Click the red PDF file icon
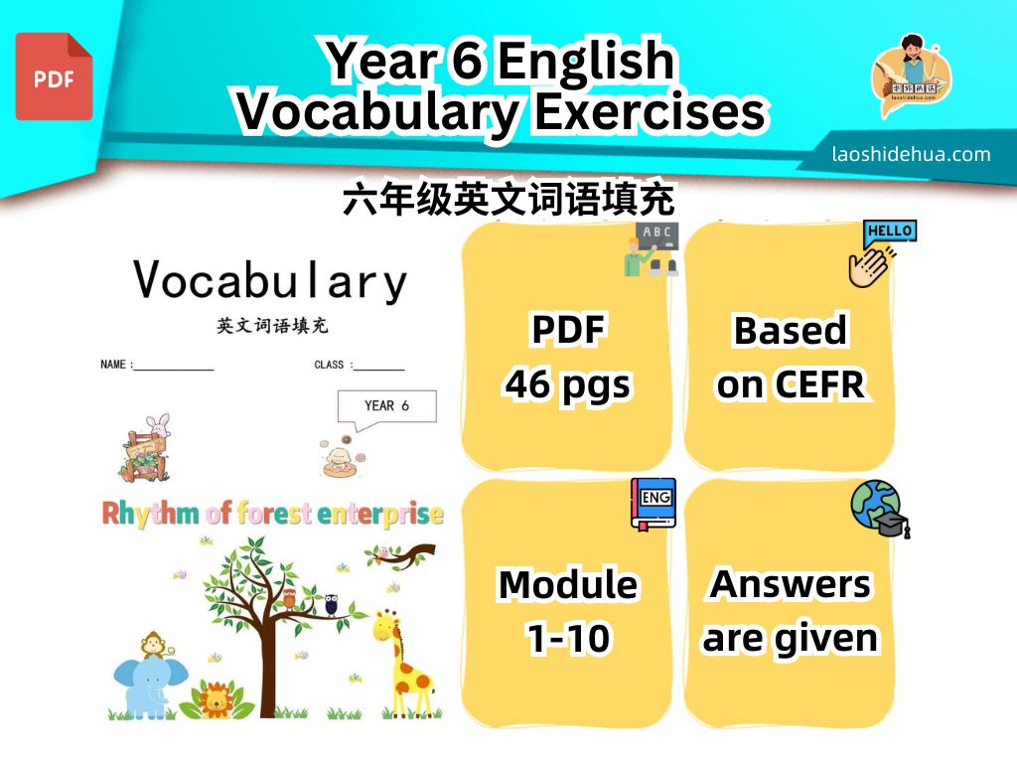[54, 76]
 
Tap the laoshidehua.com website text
[912, 154]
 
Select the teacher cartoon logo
[912, 76]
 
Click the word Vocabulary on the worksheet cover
[270, 281]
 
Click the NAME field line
[173, 370]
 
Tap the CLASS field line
[378, 370]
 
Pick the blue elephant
[149, 687]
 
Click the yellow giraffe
[401, 661]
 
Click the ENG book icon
[654, 504]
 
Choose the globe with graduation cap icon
[880, 509]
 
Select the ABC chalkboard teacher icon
[652, 249]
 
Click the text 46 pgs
[567, 384]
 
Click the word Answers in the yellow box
[790, 584]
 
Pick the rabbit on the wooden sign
[158, 426]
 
